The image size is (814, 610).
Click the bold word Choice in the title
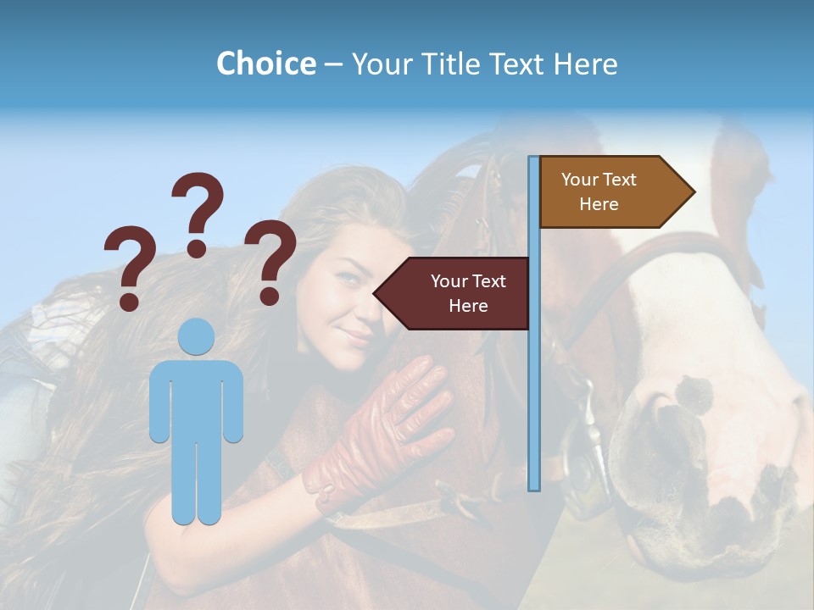pyautogui.click(x=265, y=64)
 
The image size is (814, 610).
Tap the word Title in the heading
pyautogui.click(x=449, y=64)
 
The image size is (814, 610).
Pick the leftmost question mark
pyautogui.click(x=130, y=267)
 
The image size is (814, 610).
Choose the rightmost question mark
pyautogui.click(x=270, y=261)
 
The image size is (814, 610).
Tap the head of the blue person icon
pyautogui.click(x=197, y=336)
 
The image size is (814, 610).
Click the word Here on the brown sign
pyautogui.click(x=599, y=204)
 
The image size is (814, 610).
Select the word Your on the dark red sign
pyautogui.click(x=449, y=281)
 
